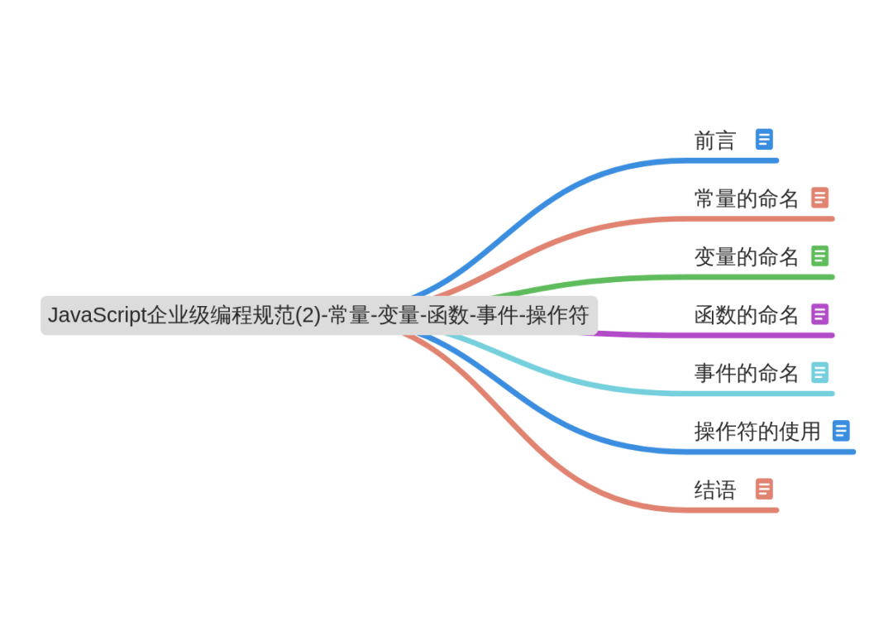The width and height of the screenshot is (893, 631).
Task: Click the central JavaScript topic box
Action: coord(319,316)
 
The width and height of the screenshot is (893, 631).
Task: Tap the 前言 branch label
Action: coord(715,141)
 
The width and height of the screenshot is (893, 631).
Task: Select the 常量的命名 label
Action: coord(747,198)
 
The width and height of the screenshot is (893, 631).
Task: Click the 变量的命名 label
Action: coord(747,256)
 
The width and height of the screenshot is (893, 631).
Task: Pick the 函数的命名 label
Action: coord(747,315)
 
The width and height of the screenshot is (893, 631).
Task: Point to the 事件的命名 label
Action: coord(747,373)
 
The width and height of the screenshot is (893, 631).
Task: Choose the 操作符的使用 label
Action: coord(757,431)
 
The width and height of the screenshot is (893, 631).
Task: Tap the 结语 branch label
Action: coord(715,490)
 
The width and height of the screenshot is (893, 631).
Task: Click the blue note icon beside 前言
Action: coord(764,140)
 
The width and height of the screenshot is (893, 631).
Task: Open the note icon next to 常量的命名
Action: coord(819,198)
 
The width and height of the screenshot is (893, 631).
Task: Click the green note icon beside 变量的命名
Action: coord(819,256)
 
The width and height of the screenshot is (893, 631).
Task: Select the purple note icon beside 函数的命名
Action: coord(819,314)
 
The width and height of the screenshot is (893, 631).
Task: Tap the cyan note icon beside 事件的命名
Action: coord(819,372)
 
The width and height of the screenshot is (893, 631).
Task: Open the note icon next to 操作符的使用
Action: coord(841,431)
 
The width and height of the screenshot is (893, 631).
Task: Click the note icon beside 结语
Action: coord(764,489)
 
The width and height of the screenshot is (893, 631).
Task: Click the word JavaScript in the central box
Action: coord(97,316)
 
